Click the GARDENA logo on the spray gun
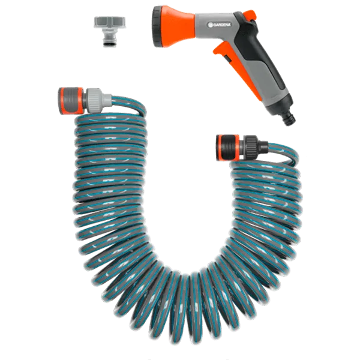[x=219, y=25]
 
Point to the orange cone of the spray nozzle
[x=178, y=27]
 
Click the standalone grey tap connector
[x=110, y=31]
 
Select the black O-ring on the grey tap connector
[x=109, y=43]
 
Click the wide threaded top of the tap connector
[x=110, y=22]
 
